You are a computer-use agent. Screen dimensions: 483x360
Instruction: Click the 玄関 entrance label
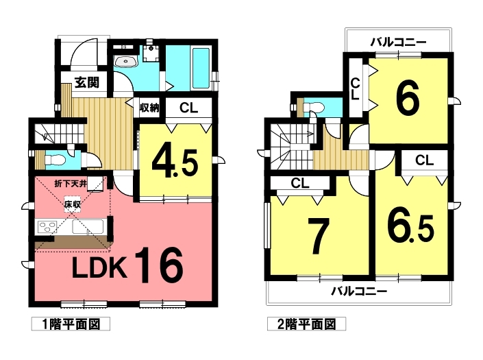(x=87, y=82)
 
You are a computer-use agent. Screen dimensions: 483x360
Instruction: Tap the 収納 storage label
(x=149, y=108)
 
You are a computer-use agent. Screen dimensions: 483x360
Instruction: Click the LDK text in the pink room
(x=99, y=267)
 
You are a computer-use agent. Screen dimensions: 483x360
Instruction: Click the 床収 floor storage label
(x=73, y=204)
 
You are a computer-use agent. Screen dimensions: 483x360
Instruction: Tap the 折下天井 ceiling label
(x=71, y=184)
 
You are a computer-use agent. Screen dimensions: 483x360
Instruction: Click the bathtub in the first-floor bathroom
(x=201, y=68)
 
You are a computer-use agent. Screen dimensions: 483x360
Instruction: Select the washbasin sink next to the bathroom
(x=126, y=61)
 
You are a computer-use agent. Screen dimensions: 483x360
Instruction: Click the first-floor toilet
(x=55, y=160)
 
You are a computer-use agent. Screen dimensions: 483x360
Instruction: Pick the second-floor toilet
(x=313, y=107)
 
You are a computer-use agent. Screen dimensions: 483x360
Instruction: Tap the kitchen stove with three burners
(x=47, y=227)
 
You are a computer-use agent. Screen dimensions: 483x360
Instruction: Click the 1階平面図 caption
(x=71, y=324)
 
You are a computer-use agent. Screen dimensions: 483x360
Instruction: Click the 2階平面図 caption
(x=306, y=324)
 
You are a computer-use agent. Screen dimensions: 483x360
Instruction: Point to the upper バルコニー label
(x=398, y=42)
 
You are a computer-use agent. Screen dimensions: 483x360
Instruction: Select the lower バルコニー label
(x=359, y=291)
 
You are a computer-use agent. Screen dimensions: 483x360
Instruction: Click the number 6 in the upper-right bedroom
(x=408, y=97)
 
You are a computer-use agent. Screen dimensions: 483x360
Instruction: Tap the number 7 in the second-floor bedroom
(x=319, y=236)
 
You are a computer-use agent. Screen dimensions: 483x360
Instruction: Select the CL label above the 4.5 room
(x=189, y=108)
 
